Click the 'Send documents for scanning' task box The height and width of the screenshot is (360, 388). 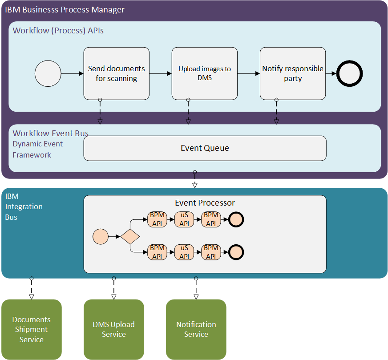pyautogui.click(x=116, y=73)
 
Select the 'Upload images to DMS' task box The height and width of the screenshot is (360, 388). pyautogui.click(x=205, y=73)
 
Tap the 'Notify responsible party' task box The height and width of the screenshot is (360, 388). pyautogui.click(x=293, y=73)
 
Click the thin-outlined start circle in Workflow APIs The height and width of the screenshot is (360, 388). pyautogui.click(x=48, y=73)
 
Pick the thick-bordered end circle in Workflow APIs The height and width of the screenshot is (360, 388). pyautogui.click(x=350, y=73)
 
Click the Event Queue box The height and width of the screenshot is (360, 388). pyautogui.click(x=205, y=148)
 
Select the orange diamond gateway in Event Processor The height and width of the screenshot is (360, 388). pyautogui.click(x=130, y=236)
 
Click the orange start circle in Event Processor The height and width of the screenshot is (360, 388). pyautogui.click(x=101, y=236)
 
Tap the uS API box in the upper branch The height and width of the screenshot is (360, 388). pyautogui.click(x=184, y=219)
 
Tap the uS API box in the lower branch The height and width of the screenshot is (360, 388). pyautogui.click(x=184, y=252)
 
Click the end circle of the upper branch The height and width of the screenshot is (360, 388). pyautogui.click(x=236, y=219)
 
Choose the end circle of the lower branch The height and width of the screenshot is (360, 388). pyautogui.click(x=236, y=252)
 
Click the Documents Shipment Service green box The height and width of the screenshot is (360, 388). pyautogui.click(x=31, y=329)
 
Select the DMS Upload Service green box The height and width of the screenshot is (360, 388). pyautogui.click(x=113, y=329)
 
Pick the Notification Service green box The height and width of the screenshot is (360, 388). pyautogui.click(x=196, y=329)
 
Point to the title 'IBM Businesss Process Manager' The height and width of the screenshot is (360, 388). pyautogui.click(x=65, y=9)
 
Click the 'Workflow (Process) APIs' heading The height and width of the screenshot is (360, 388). pyautogui.click(x=58, y=31)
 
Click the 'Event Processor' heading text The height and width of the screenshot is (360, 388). pyautogui.click(x=205, y=203)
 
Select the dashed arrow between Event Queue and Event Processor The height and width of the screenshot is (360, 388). pyautogui.click(x=194, y=179)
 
